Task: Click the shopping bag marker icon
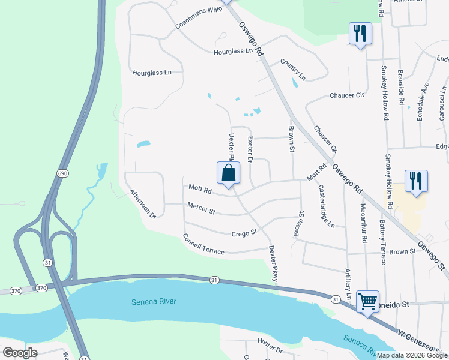pos(228,173)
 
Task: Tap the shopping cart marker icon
pos(367,301)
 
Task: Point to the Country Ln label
pos(292,70)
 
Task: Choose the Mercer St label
pos(201,211)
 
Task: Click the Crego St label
pos(244,232)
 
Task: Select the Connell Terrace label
pos(203,244)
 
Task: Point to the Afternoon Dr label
pos(143,203)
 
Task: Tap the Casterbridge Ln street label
pos(325,206)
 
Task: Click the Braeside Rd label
pos(402,88)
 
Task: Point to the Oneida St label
pos(393,304)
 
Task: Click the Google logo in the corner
pos(20,352)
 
